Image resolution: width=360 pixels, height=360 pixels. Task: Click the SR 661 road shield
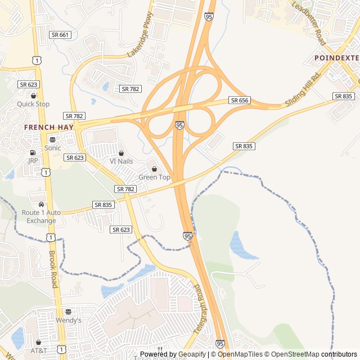point(60,35)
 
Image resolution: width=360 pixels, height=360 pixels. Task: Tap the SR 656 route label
point(239,100)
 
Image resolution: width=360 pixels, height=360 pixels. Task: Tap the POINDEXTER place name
point(336,58)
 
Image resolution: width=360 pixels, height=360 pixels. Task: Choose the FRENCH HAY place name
point(49,127)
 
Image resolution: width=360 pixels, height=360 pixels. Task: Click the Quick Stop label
point(33,104)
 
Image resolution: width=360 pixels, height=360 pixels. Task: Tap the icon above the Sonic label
point(52,139)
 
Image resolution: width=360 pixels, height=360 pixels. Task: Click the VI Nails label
point(121,161)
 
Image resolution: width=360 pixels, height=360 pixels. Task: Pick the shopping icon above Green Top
point(154,169)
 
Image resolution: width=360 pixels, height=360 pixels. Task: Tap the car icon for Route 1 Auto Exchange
point(41,204)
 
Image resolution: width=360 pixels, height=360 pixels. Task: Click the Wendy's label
point(68,320)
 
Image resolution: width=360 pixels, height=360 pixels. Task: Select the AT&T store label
point(39,350)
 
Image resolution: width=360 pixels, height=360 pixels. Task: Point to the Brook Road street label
point(53,268)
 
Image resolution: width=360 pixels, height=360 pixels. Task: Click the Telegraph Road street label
point(200,309)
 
